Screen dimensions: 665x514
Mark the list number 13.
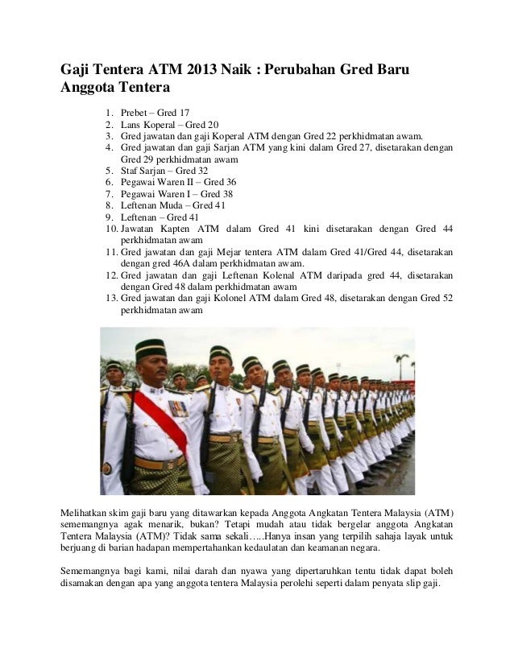coord(111,298)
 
